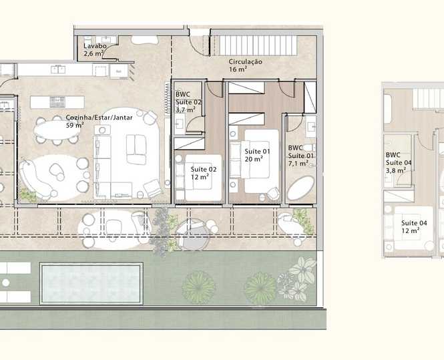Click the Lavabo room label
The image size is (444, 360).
[95, 46]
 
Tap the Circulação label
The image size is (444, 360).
[245, 61]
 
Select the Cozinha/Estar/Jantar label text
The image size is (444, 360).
[99, 118]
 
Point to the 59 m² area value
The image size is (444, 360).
[75, 125]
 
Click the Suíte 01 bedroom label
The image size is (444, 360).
[257, 151]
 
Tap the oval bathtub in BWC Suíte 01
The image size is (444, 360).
[300, 188]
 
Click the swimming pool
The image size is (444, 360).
[91, 283]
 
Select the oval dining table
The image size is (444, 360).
[57, 130]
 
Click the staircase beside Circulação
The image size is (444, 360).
[258, 45]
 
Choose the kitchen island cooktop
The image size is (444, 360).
[57, 102]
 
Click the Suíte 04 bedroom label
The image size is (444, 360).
[414, 223]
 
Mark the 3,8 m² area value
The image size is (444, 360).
[395, 171]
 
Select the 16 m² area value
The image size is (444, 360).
[238, 69]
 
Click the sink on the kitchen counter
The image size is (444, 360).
[58, 69]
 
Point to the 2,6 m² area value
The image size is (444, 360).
[93, 53]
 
